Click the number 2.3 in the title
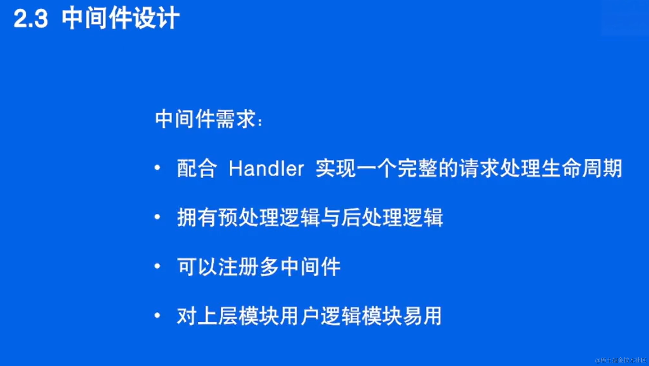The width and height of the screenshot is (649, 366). pyautogui.click(x=31, y=19)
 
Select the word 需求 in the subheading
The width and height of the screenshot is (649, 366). pyautogui.click(x=236, y=119)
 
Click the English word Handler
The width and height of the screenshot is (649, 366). pyautogui.click(x=266, y=168)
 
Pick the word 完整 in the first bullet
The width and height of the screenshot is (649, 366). pyautogui.click(x=417, y=168)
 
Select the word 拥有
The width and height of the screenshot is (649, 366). pyautogui.click(x=197, y=217)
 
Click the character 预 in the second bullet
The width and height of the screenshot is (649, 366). pyautogui.click(x=228, y=217)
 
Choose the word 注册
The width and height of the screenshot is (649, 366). pyautogui.click(x=238, y=267)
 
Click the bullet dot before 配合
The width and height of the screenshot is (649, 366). pyautogui.click(x=157, y=167)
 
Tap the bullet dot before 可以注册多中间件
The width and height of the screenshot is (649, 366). pyautogui.click(x=157, y=266)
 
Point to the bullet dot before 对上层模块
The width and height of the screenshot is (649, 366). pyautogui.click(x=157, y=315)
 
